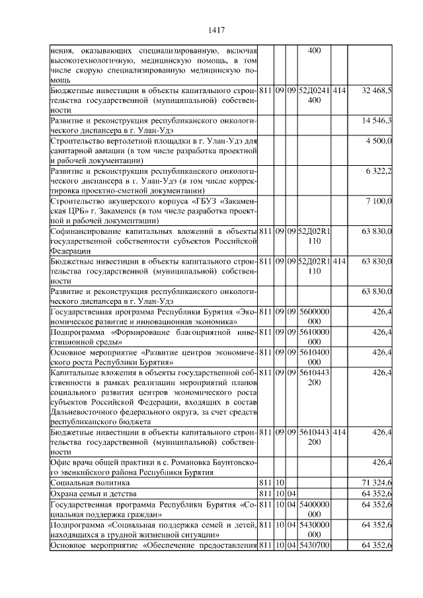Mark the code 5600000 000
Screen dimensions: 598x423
click(x=314, y=316)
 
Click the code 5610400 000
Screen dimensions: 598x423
click(x=314, y=357)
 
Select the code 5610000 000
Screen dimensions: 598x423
click(x=314, y=336)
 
